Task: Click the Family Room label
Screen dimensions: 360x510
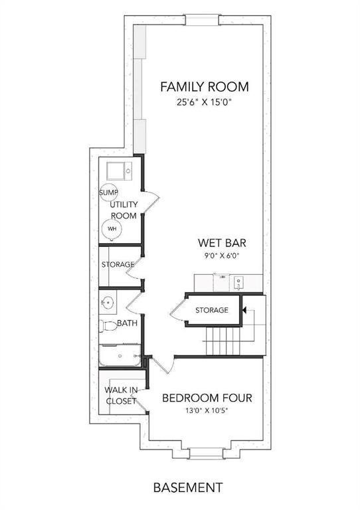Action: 205,87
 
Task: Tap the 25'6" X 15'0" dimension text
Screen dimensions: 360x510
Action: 205,103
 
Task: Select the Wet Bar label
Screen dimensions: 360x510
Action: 222,243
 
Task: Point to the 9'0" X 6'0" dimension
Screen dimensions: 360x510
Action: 222,256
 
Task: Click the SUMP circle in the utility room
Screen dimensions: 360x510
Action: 109,193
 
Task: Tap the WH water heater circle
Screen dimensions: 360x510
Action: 112,229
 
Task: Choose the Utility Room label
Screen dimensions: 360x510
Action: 124,210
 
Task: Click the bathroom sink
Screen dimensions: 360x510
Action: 107,303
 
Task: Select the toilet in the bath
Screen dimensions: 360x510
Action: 108,326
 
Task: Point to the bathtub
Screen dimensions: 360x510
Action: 120,355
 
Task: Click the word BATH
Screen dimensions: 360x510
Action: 127,323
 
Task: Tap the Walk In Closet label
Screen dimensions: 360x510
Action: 121,396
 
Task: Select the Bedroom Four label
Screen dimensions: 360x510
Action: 207,398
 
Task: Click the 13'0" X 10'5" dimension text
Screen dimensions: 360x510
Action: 207,410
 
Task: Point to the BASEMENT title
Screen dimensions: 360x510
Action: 188,487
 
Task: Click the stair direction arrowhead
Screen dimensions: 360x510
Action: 244,310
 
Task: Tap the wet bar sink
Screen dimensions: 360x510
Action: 238,282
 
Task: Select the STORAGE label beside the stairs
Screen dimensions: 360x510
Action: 212,310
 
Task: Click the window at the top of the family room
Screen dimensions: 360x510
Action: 203,20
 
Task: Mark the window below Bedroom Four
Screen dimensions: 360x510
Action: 206,454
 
